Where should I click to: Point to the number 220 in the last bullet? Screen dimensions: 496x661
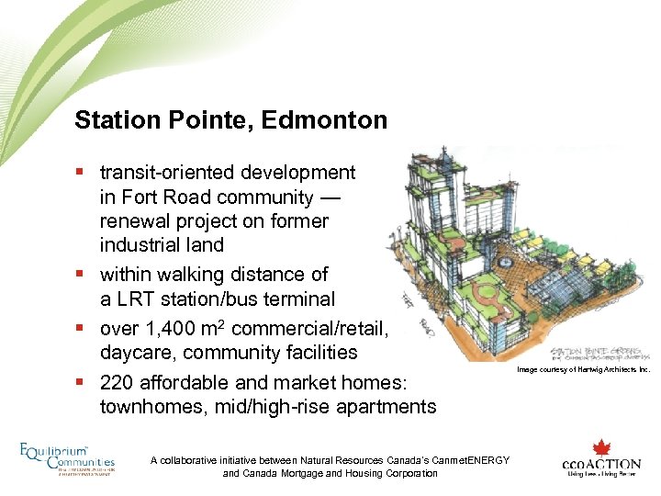[x=118, y=383]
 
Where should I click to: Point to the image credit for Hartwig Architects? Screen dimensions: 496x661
[x=583, y=369]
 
